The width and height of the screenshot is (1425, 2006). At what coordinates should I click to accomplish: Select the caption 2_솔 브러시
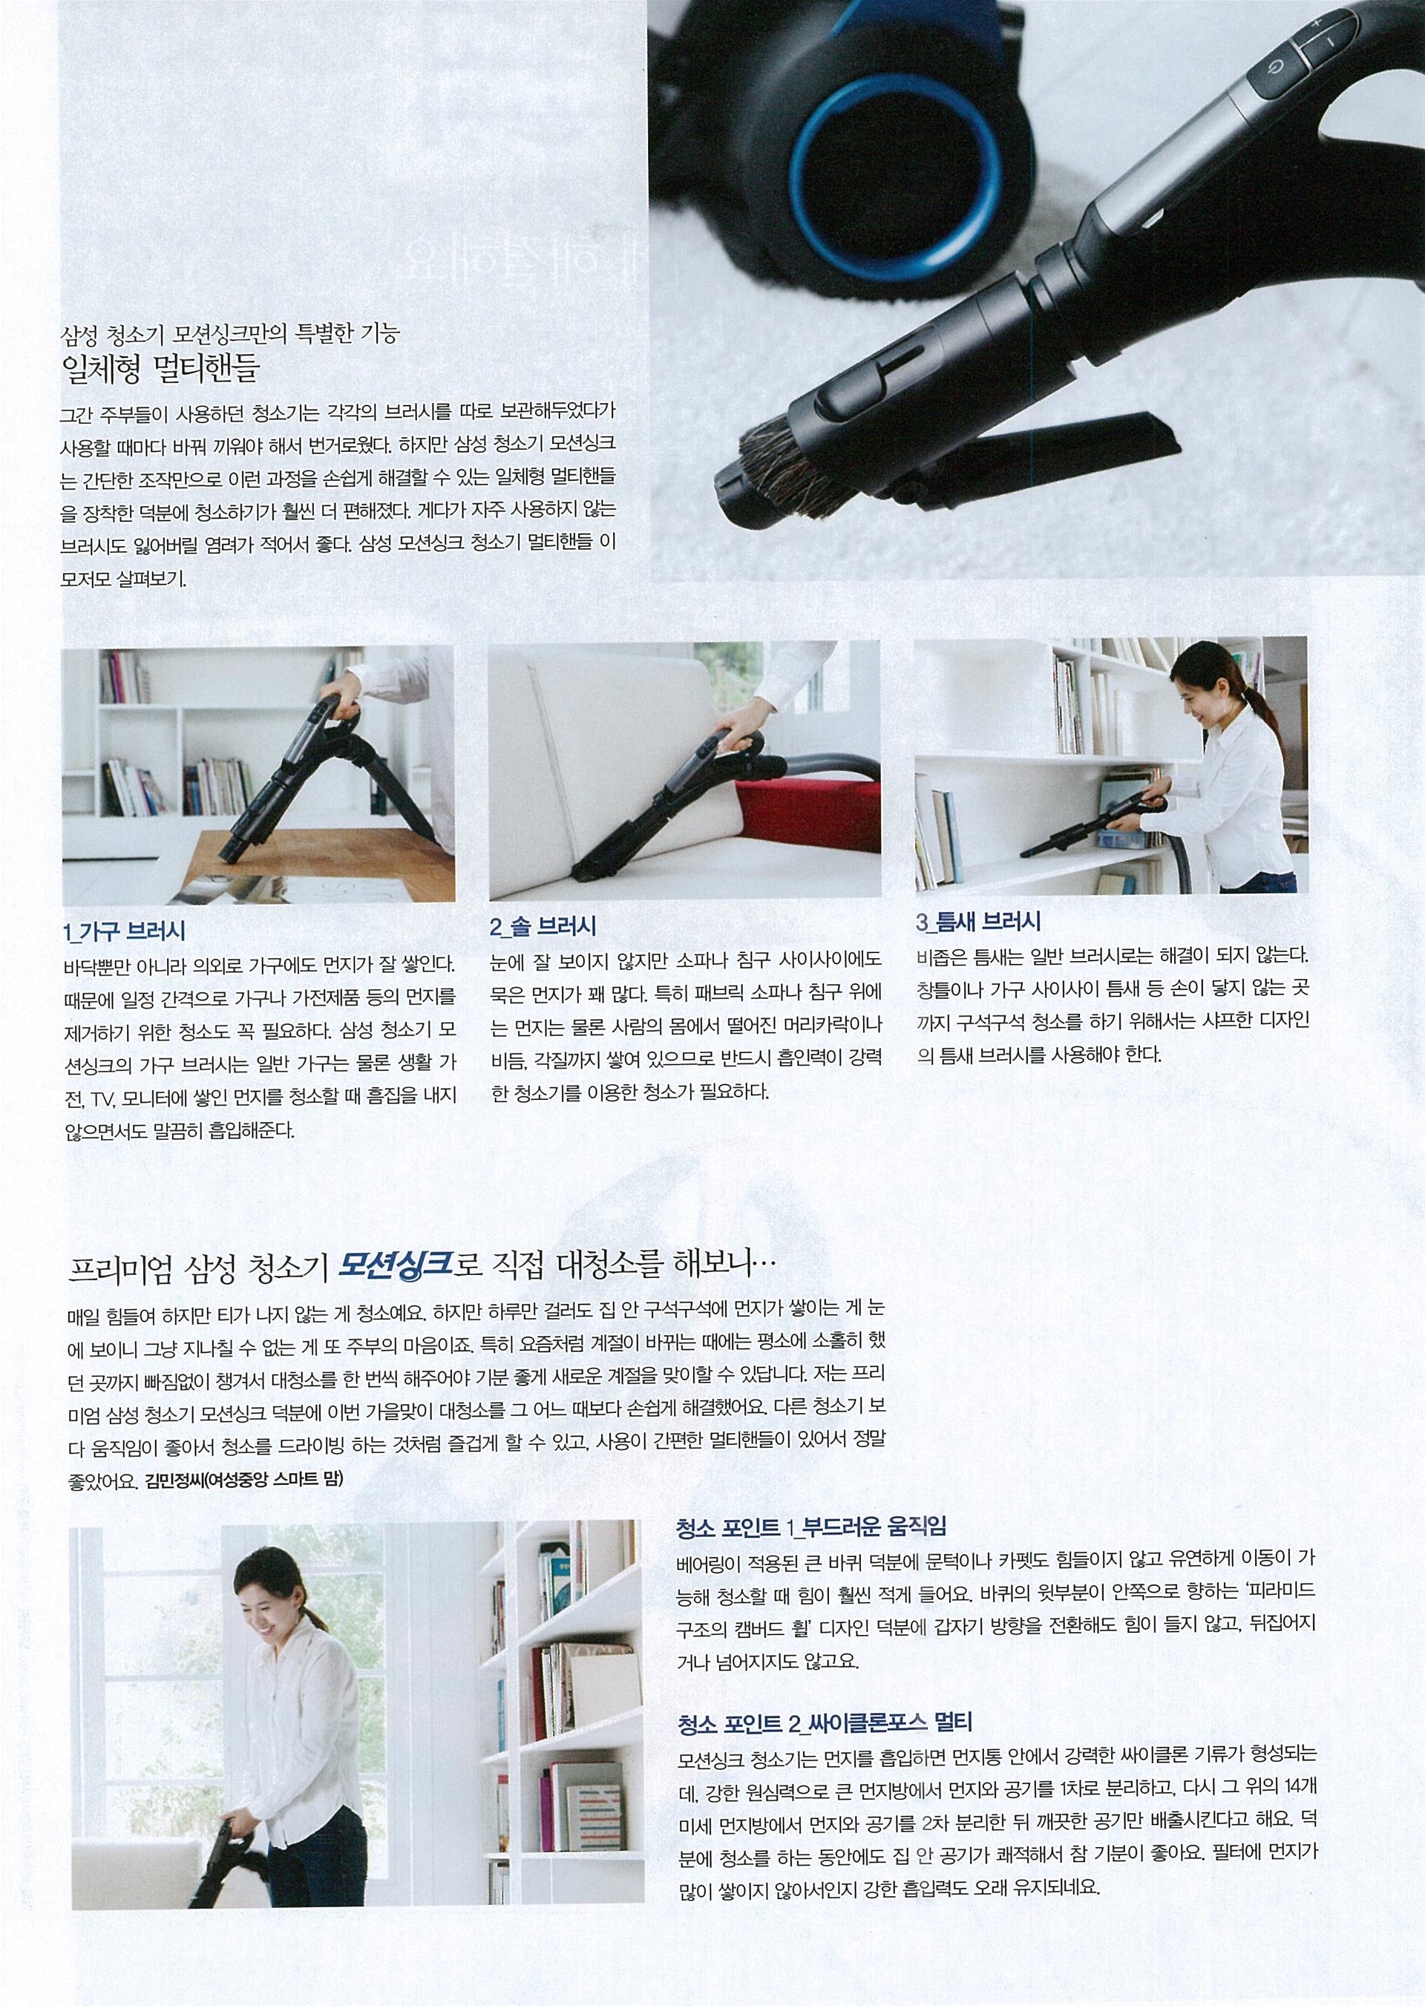pos(544,925)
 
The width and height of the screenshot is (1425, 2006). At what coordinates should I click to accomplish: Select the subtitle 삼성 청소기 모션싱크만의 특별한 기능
pos(228,333)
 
